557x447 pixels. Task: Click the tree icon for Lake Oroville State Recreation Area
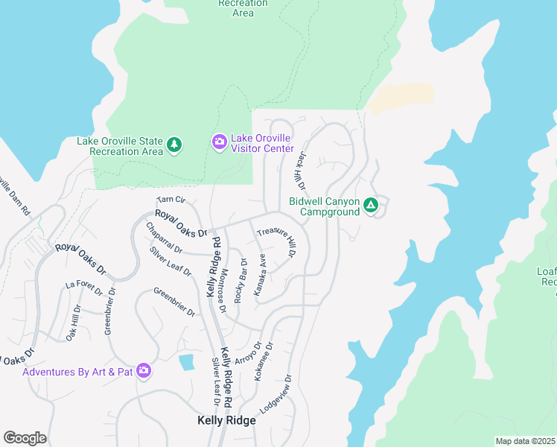click(x=174, y=144)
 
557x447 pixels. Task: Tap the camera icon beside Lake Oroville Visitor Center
click(x=219, y=142)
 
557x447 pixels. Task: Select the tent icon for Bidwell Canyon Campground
click(x=372, y=204)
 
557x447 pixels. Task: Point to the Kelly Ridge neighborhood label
click(x=226, y=420)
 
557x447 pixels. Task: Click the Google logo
click(x=25, y=438)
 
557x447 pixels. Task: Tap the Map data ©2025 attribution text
click(x=525, y=441)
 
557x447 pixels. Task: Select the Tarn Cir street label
click(x=171, y=200)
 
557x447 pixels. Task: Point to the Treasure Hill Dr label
click(x=278, y=243)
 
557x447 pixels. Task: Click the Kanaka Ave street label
click(x=260, y=275)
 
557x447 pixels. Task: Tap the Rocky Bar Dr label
click(x=241, y=280)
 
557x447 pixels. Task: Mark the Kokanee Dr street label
click(x=264, y=361)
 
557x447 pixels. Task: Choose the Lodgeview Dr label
click(x=275, y=394)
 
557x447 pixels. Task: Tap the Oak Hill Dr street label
click(x=73, y=323)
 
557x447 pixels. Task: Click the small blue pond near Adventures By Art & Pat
click(x=187, y=363)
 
